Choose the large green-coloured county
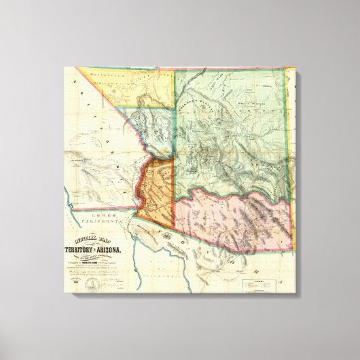click(231, 122)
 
